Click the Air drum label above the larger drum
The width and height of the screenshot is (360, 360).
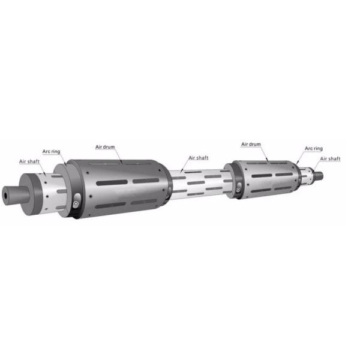tap(105, 147)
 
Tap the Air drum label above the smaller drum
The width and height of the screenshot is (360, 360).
tap(251, 145)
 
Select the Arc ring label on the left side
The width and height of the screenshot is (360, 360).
tap(51, 152)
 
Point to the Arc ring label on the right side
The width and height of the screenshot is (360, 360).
tap(314, 149)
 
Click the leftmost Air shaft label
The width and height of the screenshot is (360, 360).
tap(29, 161)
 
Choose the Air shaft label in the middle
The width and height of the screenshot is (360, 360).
tap(199, 158)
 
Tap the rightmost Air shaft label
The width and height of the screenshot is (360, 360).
tap(330, 158)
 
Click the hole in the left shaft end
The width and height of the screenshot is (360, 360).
tap(5, 196)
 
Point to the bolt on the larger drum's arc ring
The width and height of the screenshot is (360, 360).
tap(76, 203)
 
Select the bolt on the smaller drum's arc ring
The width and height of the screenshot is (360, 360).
tap(238, 190)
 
